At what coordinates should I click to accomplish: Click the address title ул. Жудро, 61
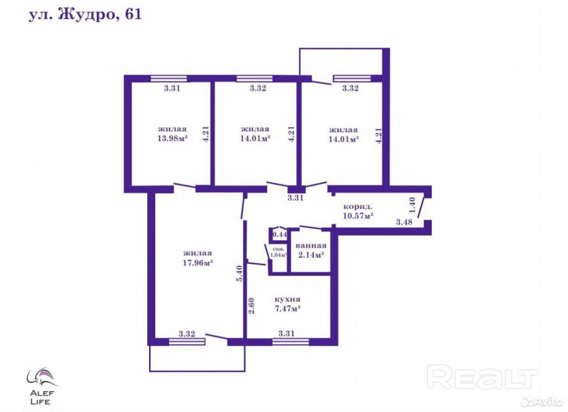(85, 16)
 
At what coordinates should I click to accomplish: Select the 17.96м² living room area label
(198, 262)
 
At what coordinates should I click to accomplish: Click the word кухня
(288, 299)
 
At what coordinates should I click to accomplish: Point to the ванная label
(311, 246)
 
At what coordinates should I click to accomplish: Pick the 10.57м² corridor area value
(358, 216)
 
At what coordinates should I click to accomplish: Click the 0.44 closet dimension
(280, 234)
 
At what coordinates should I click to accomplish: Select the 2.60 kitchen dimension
(251, 306)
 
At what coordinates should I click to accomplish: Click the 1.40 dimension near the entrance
(412, 205)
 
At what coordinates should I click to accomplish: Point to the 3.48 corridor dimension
(404, 222)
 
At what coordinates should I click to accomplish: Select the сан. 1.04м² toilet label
(278, 252)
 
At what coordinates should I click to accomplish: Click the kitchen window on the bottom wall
(291, 342)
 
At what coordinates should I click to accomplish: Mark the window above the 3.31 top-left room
(169, 79)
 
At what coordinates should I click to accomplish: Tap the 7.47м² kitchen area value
(288, 309)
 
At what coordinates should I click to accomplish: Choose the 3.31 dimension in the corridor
(295, 197)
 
